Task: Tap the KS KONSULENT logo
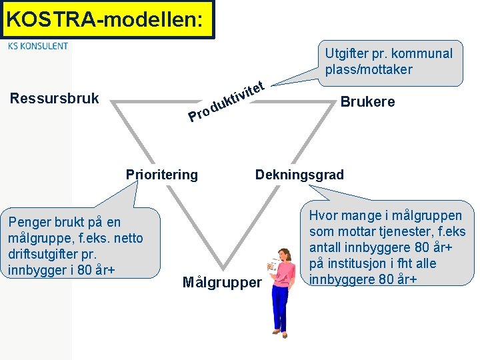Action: (38, 46)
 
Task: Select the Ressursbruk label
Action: (55, 99)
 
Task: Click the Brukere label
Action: (367, 102)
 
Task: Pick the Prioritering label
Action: (162, 175)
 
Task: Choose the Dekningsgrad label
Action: (299, 175)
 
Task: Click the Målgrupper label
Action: (222, 283)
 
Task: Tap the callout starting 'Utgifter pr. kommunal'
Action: (389, 62)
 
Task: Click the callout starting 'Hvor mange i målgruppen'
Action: (387, 247)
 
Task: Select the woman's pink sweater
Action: (285, 274)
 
